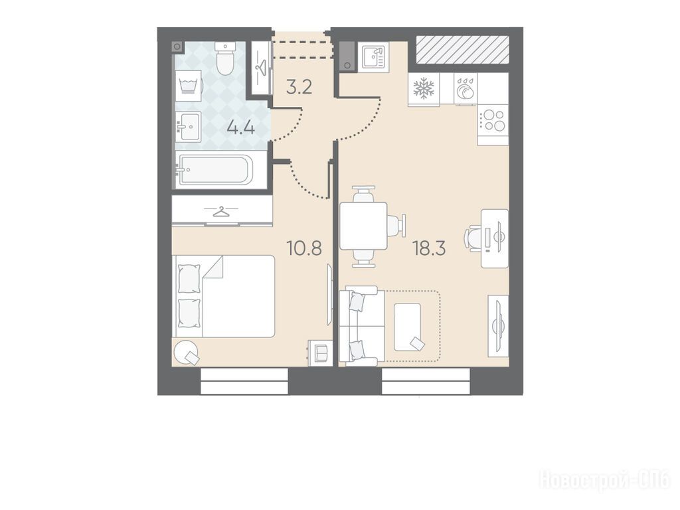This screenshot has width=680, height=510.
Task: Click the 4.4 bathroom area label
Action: (x=240, y=128)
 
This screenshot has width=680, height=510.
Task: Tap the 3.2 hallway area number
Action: (x=299, y=88)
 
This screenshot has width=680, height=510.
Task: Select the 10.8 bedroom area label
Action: (x=304, y=249)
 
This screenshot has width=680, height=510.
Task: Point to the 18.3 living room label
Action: (x=430, y=249)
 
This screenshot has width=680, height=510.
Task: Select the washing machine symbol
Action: (x=189, y=86)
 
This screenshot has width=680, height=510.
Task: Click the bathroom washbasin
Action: (x=188, y=126)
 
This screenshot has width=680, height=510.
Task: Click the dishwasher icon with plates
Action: (x=466, y=88)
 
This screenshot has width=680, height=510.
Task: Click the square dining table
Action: (x=363, y=226)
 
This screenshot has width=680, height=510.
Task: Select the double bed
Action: (x=224, y=296)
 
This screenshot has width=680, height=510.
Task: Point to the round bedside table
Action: (x=187, y=352)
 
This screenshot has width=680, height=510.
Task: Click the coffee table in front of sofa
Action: (x=408, y=327)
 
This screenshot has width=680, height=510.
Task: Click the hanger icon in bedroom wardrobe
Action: (x=222, y=212)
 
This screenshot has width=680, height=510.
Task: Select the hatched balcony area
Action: (x=462, y=49)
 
